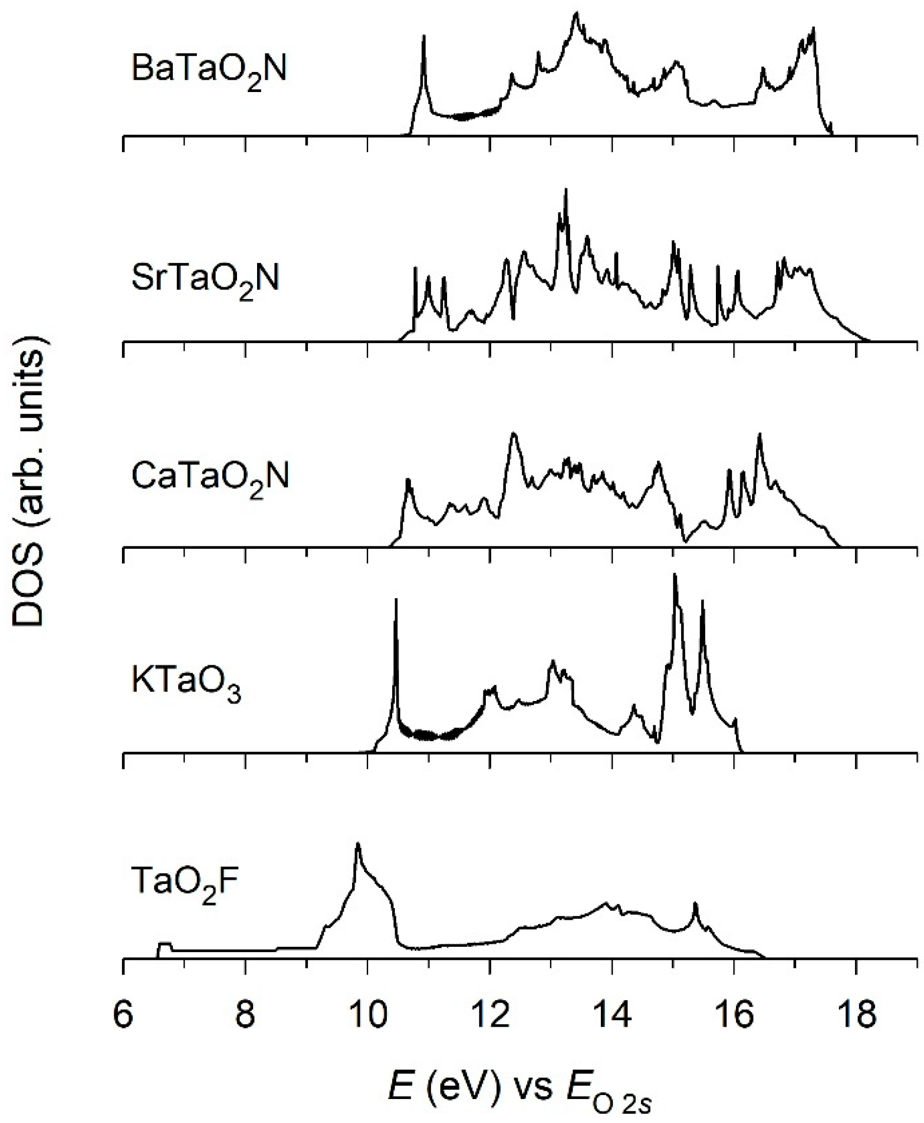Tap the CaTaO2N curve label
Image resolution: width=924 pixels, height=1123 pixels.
pos(210,477)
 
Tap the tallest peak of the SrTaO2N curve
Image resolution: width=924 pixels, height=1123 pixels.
pos(566,190)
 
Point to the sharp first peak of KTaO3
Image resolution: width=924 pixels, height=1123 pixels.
pos(396,600)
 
